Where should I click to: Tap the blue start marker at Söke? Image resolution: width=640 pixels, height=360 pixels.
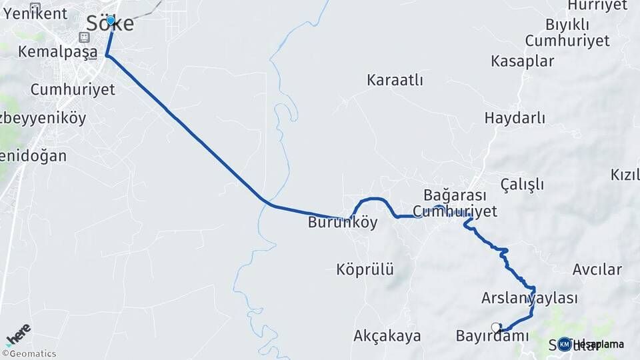click(x=111, y=21)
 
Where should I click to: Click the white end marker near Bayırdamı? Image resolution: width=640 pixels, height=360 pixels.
click(x=496, y=327)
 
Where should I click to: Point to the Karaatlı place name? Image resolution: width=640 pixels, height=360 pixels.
click(x=395, y=80)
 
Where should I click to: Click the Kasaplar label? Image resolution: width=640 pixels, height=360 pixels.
click(x=522, y=61)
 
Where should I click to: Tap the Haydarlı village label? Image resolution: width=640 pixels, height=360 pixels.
click(x=515, y=119)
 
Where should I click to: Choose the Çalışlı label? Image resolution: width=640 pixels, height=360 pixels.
click(x=522, y=185)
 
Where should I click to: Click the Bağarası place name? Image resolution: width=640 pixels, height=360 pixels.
click(x=455, y=195)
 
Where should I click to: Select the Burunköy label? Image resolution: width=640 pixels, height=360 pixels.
click(x=343, y=223)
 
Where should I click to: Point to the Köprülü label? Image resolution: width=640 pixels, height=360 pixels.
click(x=365, y=270)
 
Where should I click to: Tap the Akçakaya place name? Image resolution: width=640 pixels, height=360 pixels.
click(x=387, y=335)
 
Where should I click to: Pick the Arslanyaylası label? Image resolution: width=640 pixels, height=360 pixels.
click(x=529, y=298)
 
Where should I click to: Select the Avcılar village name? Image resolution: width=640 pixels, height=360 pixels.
click(x=597, y=270)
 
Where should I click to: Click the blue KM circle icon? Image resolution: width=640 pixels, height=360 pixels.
click(x=565, y=344)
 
